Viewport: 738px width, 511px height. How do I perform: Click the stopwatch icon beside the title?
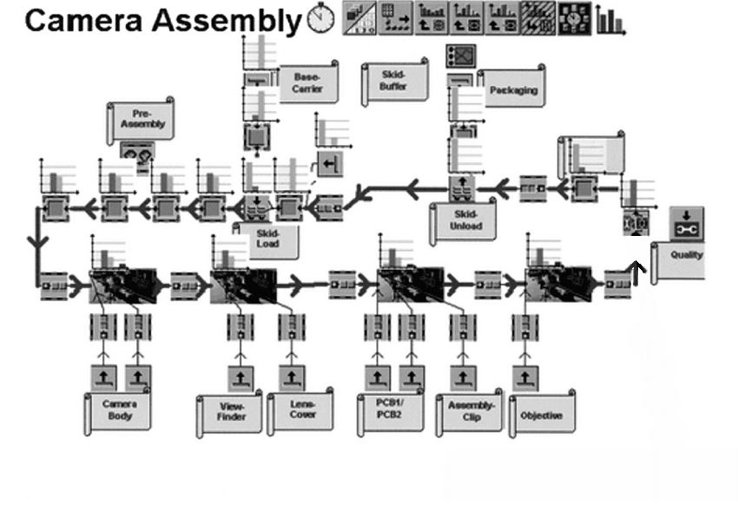pyautogui.click(x=320, y=18)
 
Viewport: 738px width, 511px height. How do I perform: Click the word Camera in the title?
pyautogui.click(x=83, y=21)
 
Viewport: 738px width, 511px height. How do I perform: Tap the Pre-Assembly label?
pyautogui.click(x=142, y=120)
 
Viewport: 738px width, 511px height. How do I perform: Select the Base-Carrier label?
pyautogui.click(x=307, y=82)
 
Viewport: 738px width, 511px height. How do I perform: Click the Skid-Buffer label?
pyautogui.click(x=394, y=81)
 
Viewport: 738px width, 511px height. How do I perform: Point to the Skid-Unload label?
pyautogui.click(x=465, y=220)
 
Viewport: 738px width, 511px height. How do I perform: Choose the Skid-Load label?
pyautogui.click(x=267, y=239)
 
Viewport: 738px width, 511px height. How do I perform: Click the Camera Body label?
pyautogui.click(x=119, y=409)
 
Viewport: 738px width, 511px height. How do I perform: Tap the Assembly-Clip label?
pyautogui.click(x=470, y=412)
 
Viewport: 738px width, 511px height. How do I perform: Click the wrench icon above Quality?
pyautogui.click(x=687, y=224)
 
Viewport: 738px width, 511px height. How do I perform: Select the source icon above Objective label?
pyautogui.click(x=525, y=378)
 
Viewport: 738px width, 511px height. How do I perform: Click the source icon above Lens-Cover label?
pyautogui.click(x=292, y=378)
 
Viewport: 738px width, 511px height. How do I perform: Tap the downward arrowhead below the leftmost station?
pyautogui.click(x=37, y=243)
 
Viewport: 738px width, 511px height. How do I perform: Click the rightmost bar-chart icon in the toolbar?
pyautogui.click(x=610, y=19)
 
